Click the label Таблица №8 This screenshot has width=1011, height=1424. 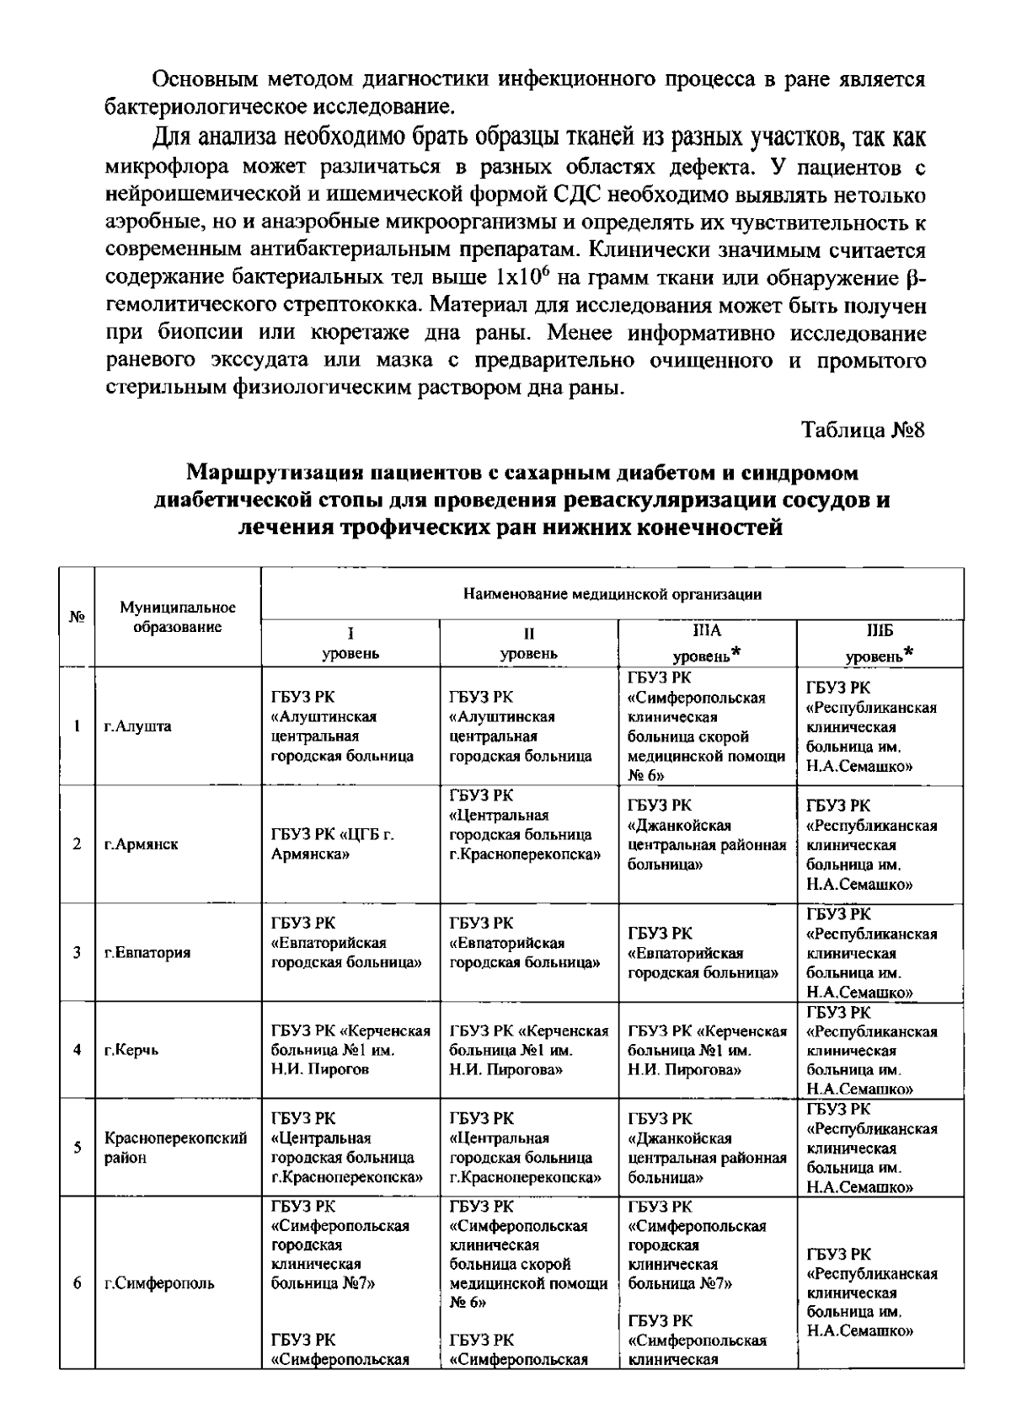point(864,430)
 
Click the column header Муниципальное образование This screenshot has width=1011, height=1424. point(178,618)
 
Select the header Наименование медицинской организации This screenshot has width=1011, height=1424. point(612,595)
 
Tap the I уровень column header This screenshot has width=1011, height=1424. point(350,643)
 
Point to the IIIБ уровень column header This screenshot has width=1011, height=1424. point(880,643)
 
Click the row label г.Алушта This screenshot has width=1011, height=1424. point(138,726)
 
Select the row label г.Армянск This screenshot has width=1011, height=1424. point(142,844)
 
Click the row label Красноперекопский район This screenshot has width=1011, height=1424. point(175,1148)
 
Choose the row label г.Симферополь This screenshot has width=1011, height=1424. point(159,1283)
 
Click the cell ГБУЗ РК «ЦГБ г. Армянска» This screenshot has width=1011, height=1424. point(333,844)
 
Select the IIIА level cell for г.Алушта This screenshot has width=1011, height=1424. point(706,726)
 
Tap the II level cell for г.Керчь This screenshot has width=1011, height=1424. point(528,1050)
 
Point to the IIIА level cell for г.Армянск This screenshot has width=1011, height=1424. point(706,844)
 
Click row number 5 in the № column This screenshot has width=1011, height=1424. point(77,1148)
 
